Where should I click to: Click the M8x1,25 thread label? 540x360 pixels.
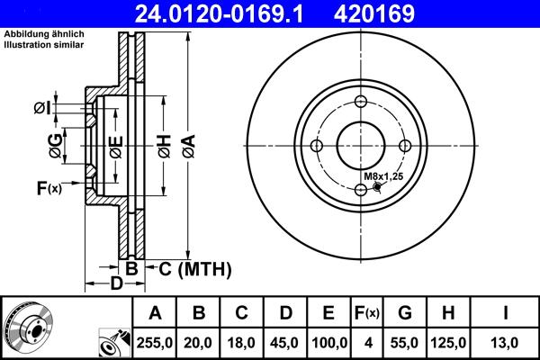[383, 175]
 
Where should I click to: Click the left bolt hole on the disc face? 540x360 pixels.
[318, 146]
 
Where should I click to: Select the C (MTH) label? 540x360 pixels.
[195, 268]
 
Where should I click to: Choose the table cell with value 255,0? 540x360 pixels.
[155, 343]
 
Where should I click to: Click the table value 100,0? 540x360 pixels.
[328, 343]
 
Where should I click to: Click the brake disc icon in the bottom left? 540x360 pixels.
[29, 328]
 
